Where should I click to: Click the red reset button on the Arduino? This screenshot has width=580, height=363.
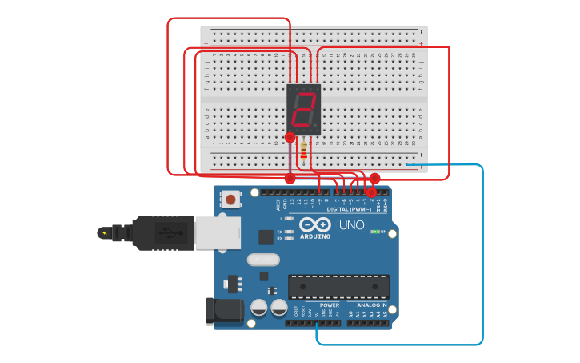(230, 198)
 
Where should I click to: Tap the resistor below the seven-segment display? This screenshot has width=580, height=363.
(304, 150)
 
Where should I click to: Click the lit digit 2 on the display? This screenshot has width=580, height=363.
(304, 110)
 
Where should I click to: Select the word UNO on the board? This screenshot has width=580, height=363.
(352, 225)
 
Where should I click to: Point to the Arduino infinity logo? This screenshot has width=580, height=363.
(315, 225)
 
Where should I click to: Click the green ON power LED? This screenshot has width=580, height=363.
(374, 232)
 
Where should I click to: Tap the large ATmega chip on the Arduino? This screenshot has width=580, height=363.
(338, 286)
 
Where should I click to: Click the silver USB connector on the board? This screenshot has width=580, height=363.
(217, 233)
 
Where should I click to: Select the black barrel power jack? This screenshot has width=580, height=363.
(224, 311)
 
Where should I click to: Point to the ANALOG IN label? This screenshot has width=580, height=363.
(371, 305)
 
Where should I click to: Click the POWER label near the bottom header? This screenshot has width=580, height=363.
(330, 305)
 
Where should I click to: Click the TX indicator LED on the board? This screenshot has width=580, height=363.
(288, 232)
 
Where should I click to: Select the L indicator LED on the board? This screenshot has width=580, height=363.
(288, 218)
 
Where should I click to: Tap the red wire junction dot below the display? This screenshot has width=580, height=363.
(290, 138)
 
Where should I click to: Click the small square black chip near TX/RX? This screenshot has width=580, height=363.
(266, 236)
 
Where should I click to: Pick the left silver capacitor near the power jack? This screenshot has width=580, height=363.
(259, 307)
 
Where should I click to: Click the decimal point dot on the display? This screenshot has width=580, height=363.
(317, 128)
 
